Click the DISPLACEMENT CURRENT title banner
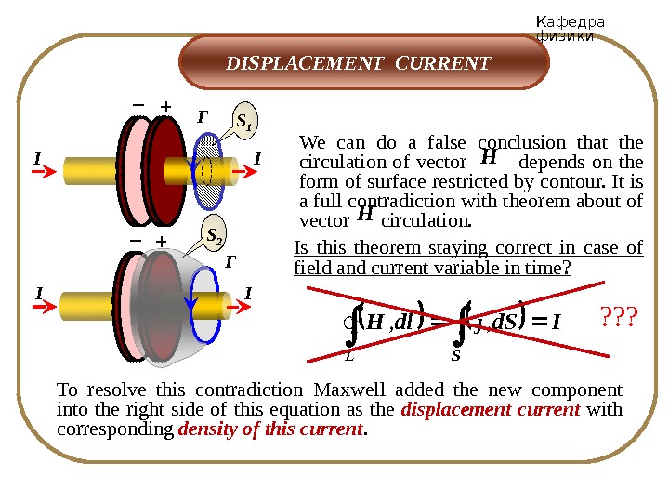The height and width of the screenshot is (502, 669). click(x=359, y=64)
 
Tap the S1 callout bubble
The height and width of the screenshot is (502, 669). click(x=246, y=121)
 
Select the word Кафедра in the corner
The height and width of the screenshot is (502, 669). click(x=571, y=22)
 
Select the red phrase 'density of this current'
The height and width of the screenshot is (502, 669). click(x=271, y=429)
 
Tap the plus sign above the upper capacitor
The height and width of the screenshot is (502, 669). click(x=167, y=107)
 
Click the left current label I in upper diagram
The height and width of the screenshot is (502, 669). click(x=37, y=159)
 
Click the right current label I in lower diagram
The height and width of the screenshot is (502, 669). click(x=247, y=295)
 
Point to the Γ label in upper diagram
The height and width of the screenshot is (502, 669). click(x=203, y=117)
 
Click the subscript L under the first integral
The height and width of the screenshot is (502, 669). click(x=348, y=354)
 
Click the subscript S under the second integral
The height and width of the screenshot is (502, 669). click(x=455, y=354)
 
